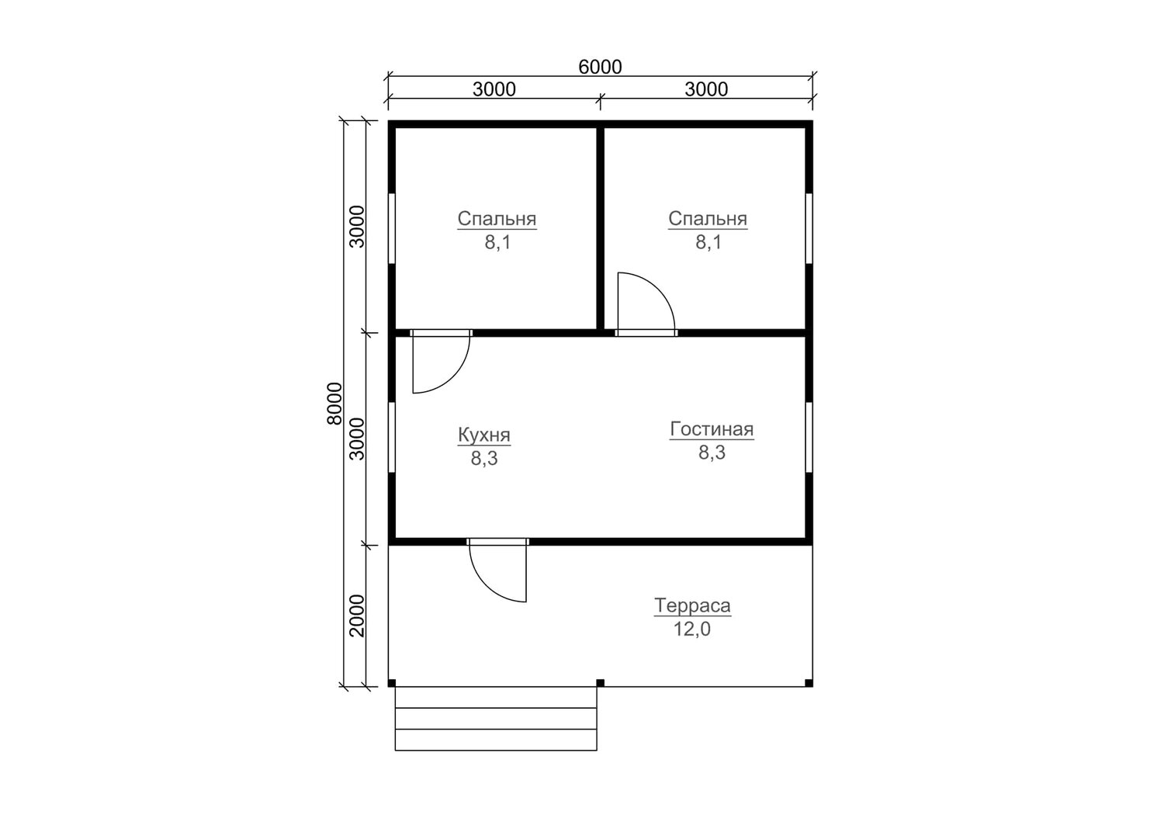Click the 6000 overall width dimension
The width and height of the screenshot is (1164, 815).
pyautogui.click(x=600, y=67)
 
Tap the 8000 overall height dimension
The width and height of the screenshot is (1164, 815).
pyautogui.click(x=334, y=404)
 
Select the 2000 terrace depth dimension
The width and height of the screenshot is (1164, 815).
pyautogui.click(x=357, y=616)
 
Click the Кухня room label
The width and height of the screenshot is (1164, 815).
pyautogui.click(x=483, y=435)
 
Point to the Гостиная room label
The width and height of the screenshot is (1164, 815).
pyautogui.click(x=712, y=429)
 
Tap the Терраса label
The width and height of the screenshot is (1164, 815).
pyautogui.click(x=692, y=605)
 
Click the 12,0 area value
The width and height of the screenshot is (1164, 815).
pyautogui.click(x=691, y=629)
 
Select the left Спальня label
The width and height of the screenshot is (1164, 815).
pyautogui.click(x=497, y=219)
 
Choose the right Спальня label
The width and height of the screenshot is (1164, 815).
pyautogui.click(x=708, y=219)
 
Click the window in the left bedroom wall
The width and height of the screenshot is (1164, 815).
pyautogui.click(x=392, y=229)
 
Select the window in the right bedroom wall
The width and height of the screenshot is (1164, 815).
pyautogui.click(x=809, y=229)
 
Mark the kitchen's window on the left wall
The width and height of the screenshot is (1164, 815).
pyautogui.click(x=392, y=438)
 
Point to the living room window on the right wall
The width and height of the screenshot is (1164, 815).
pyautogui.click(x=809, y=438)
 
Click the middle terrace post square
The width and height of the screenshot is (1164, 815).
pyautogui.click(x=600, y=683)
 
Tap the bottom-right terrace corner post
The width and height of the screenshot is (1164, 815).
pyautogui.click(x=809, y=683)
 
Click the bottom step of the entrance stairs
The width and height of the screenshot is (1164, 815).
pyautogui.click(x=496, y=740)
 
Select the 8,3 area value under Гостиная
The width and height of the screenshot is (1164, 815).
pyautogui.click(x=712, y=453)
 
